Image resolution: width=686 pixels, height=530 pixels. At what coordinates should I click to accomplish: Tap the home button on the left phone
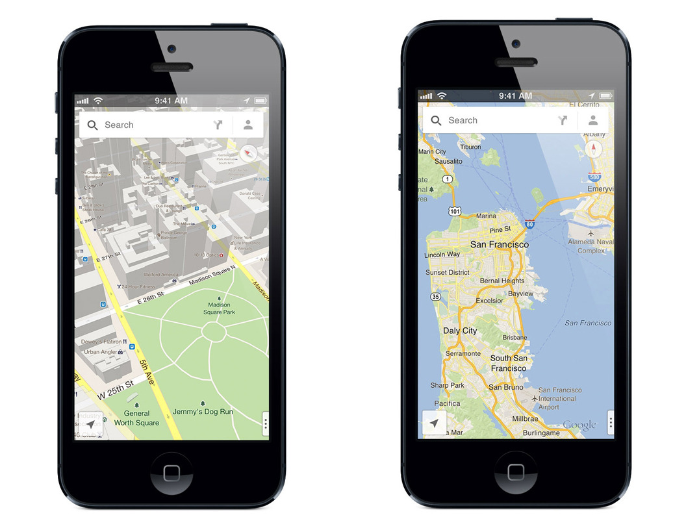pyautogui.click(x=171, y=473)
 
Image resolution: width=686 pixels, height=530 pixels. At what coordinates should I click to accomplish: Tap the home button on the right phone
pyautogui.click(x=516, y=472)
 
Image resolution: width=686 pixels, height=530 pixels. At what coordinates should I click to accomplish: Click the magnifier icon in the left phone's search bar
pyautogui.click(x=93, y=125)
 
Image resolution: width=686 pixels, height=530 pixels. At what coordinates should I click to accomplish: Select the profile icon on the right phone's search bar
pyautogui.click(x=592, y=120)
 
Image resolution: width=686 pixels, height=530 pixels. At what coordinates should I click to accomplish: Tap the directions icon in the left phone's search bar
pyautogui.click(x=218, y=125)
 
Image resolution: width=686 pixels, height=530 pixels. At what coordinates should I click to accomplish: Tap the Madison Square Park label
pyautogui.click(x=219, y=309)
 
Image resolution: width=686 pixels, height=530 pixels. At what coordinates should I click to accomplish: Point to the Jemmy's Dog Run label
pyautogui.click(x=203, y=411)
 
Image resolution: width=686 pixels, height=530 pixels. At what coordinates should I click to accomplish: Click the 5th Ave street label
pyautogui.click(x=146, y=372)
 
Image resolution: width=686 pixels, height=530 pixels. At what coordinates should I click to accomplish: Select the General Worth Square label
pyautogui.click(x=136, y=418)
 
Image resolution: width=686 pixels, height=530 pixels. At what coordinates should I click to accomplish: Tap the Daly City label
pyautogui.click(x=460, y=331)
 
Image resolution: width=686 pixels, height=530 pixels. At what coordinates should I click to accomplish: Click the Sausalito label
pyautogui.click(x=448, y=161)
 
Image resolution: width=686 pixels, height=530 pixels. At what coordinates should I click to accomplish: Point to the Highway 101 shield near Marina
pyautogui.click(x=455, y=211)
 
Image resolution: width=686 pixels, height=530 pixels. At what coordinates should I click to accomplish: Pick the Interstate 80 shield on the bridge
pyautogui.click(x=529, y=225)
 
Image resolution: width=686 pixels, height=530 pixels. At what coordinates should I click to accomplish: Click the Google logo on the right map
pyautogui.click(x=579, y=425)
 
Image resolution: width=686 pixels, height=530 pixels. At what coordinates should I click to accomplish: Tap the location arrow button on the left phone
pyautogui.click(x=90, y=423)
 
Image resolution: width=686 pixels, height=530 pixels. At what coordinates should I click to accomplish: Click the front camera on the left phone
pyautogui.click(x=171, y=49)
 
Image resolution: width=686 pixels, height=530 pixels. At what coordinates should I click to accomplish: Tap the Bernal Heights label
pyautogui.click(x=502, y=281)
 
